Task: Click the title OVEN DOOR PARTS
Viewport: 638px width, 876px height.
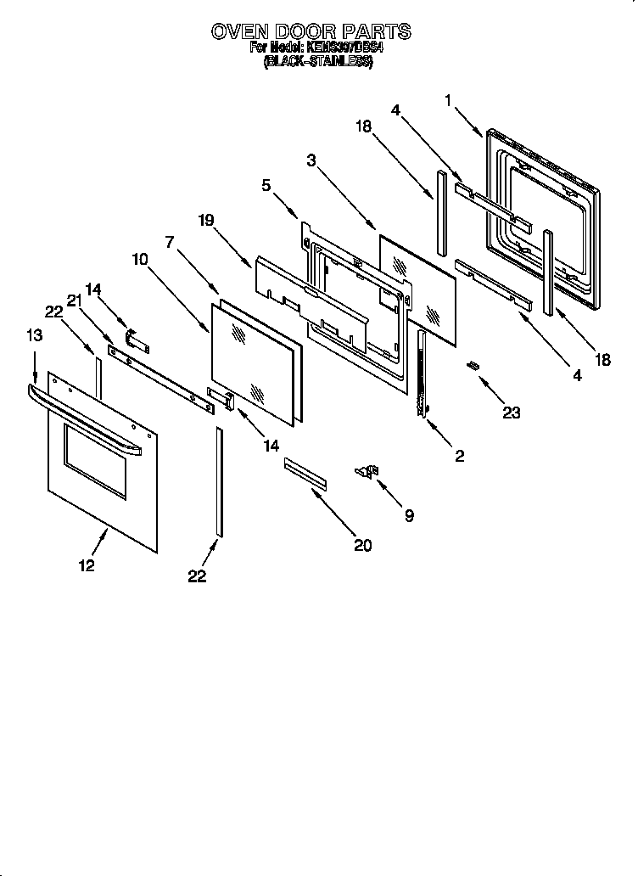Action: point(311,31)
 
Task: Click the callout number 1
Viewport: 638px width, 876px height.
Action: point(447,100)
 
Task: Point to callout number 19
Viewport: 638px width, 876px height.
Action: point(206,220)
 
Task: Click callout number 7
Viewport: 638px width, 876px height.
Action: point(170,242)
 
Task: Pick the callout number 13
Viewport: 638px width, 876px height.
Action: point(33,336)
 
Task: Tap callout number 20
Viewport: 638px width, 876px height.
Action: point(362,545)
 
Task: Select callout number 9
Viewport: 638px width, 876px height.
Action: point(409,514)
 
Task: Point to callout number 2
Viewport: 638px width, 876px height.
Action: point(459,456)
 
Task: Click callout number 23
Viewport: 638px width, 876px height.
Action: point(511,413)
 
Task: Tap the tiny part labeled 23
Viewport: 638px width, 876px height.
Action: point(473,366)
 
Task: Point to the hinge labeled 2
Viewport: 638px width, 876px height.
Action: point(421,373)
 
